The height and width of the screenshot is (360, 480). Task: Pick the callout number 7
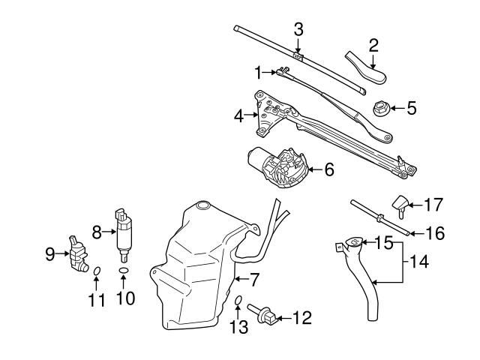pyautogui.click(x=254, y=280)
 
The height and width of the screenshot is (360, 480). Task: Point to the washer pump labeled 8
pyautogui.click(x=122, y=231)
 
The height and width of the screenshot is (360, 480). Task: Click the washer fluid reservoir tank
pyautogui.click(x=195, y=270)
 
